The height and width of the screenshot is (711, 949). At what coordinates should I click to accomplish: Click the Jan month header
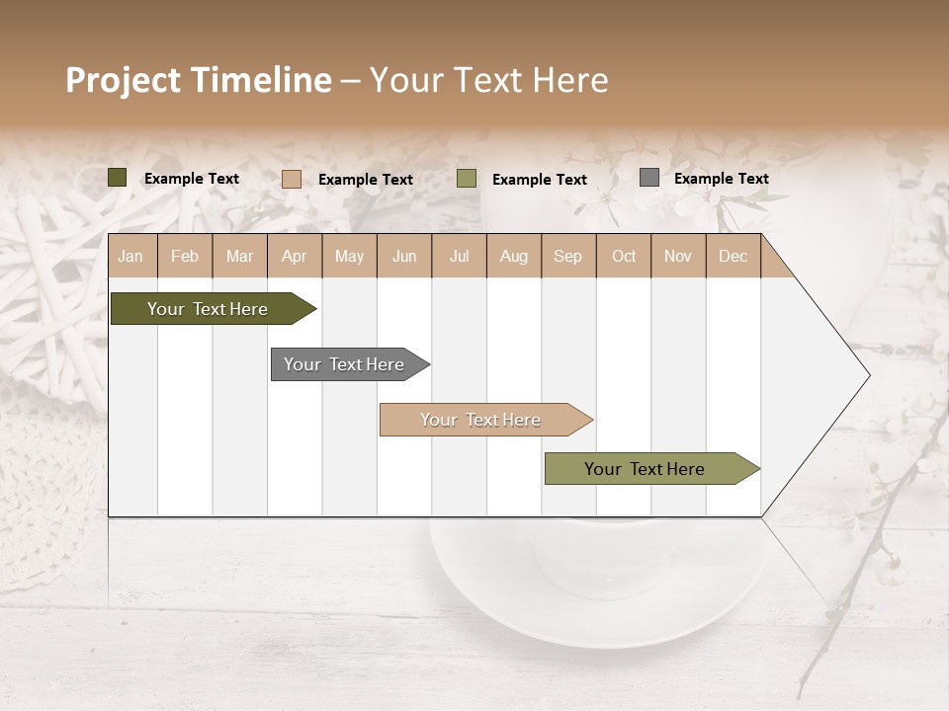pos(130,256)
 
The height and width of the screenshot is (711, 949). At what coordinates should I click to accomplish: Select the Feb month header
pos(185,256)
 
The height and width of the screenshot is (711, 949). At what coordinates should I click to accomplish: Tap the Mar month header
pos(239,256)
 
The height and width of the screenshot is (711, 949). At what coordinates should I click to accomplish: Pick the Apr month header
pos(295,256)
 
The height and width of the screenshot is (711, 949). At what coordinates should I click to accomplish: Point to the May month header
pos(349,256)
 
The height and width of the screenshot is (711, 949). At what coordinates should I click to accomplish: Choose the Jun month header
pos(404,256)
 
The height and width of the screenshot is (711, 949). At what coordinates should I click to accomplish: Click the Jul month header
pos(459,256)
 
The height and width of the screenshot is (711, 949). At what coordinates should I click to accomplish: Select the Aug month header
pos(514,256)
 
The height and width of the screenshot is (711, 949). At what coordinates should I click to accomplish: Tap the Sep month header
pos(568,256)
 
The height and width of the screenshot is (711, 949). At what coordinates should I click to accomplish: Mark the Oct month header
pos(624,256)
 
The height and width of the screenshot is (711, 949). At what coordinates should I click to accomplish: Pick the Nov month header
pos(678,256)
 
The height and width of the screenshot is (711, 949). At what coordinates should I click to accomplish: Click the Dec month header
pos(733,256)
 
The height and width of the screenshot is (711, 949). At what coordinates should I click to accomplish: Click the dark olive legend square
pos(118,178)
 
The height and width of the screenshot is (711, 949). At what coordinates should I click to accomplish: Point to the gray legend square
pos(648,178)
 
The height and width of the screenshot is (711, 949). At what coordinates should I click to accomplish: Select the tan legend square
pos(292,179)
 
